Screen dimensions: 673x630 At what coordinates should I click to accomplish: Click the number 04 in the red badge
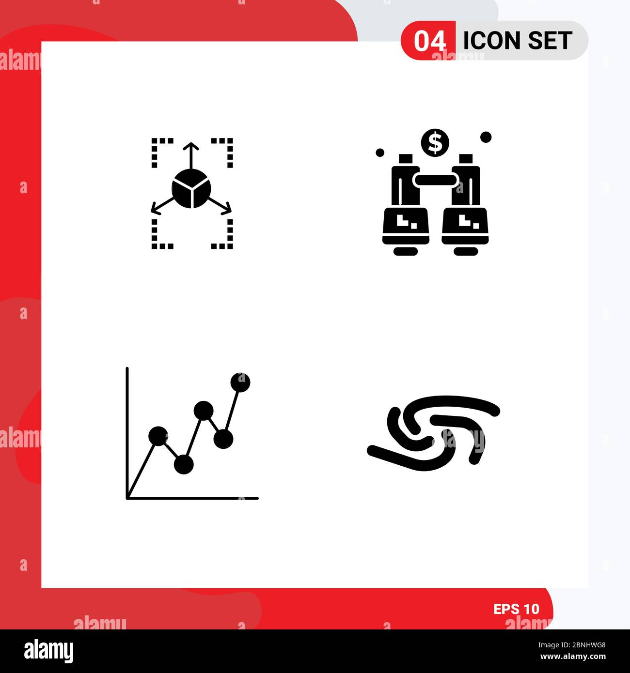(x=429, y=41)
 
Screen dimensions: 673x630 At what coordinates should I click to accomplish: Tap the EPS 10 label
(x=516, y=609)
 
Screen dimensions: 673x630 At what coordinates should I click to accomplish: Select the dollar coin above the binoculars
(x=435, y=143)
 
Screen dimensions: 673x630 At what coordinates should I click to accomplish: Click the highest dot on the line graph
(x=240, y=382)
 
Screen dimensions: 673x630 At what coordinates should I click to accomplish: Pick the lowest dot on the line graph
(x=184, y=464)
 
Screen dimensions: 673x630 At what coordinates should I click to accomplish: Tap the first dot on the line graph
(x=158, y=436)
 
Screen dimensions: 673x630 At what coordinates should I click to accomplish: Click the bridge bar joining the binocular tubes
(x=435, y=180)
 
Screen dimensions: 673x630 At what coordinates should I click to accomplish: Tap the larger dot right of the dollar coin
(x=486, y=138)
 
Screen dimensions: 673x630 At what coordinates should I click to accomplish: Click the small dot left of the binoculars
(x=380, y=153)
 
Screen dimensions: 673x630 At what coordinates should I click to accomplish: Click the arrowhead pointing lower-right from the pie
(x=228, y=210)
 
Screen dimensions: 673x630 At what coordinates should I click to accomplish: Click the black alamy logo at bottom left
(x=49, y=651)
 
